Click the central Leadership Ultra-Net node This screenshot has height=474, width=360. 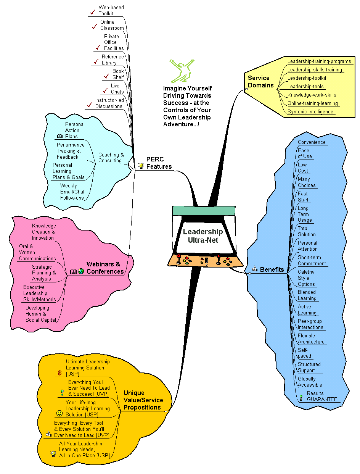pos(203,236)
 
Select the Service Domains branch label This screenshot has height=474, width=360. pos(261,82)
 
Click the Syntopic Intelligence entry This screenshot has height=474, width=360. pos(310,111)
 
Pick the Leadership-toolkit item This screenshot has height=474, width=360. pos(307,78)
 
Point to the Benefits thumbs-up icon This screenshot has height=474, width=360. pos(254,269)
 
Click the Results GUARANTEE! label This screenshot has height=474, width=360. pos(323,396)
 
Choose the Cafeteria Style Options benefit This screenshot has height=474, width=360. pos(306,278)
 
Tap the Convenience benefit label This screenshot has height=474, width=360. pos(312,142)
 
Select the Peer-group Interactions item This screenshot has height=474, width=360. pos(310,324)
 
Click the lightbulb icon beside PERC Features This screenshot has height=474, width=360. pos(141,166)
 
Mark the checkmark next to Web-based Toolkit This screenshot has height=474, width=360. pos(92,12)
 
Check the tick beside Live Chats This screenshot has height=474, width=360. pos(104,90)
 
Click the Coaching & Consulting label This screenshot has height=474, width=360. pos(111,158)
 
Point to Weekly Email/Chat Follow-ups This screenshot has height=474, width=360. pos(72,192)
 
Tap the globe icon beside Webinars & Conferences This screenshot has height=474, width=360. pos(81,271)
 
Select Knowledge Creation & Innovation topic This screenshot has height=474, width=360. pos(43,232)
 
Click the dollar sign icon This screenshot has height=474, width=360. pos(59,373)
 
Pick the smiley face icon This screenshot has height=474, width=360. pos(59,413)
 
